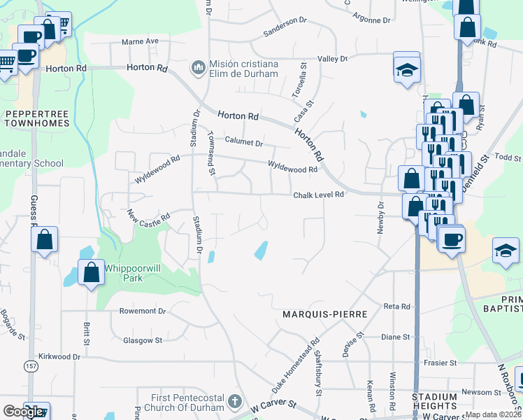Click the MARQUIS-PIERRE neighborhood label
coord(324,315)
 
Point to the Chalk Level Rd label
coord(319,195)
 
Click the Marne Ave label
coord(140,41)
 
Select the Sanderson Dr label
coord(285,30)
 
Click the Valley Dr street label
coord(332,59)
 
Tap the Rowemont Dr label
coord(143,311)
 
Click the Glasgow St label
coord(143,340)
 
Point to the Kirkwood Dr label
coord(59,356)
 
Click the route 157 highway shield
coord(30,386)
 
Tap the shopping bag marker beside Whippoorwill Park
coord(91,272)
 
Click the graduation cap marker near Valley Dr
coord(406,68)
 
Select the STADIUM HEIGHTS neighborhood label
coord(434,401)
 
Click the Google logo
coord(23,412)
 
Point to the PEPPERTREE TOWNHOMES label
coord(36,118)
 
